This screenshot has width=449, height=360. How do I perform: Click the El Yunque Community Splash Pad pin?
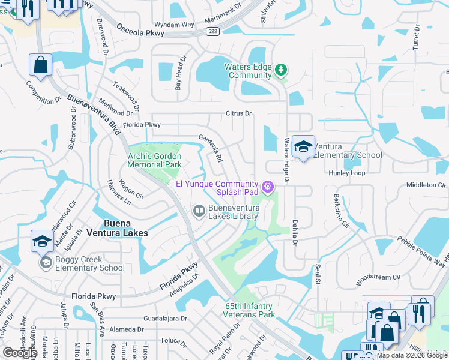268,188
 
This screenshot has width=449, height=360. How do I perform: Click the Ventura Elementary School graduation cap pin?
304,147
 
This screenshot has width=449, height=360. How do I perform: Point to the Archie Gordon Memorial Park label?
154,160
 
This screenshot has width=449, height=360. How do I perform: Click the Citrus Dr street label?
238,113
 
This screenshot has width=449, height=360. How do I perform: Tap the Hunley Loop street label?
346,173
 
